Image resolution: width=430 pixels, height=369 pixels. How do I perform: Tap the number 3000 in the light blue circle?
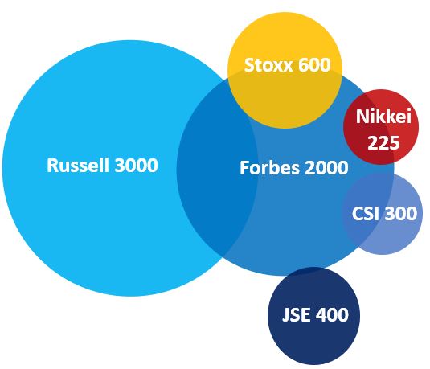point(136,165)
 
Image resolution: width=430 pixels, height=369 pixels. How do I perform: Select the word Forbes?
point(269,167)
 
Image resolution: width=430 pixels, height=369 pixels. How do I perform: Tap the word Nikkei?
point(383,116)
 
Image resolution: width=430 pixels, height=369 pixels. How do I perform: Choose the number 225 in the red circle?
point(383,142)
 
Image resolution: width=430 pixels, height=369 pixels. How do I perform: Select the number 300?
point(400,214)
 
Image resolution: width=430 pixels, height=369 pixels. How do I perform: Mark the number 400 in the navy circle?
point(332,314)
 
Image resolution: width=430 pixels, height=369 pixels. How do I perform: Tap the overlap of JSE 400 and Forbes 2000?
point(313,270)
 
